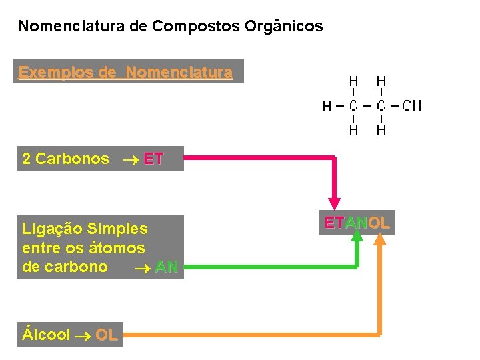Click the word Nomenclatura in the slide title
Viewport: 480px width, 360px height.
pyautogui.click(x=60, y=27)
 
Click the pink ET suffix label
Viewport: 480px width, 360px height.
pyautogui.click(x=153, y=159)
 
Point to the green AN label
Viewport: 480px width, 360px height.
pyautogui.click(x=166, y=267)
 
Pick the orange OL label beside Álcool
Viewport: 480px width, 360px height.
pyautogui.click(x=107, y=335)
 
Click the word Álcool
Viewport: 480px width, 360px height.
pyautogui.click(x=46, y=335)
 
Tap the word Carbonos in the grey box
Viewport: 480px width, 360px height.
pyautogui.click(x=72, y=159)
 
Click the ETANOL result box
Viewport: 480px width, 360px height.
pyautogui.click(x=357, y=223)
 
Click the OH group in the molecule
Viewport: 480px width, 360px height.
pyautogui.click(x=411, y=105)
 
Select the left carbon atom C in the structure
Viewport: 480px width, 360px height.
pyautogui.click(x=353, y=105)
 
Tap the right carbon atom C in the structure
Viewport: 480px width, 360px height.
pyautogui.click(x=381, y=105)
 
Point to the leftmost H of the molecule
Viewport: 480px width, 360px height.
pyautogui.click(x=327, y=106)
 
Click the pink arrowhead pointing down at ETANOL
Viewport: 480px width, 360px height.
pyautogui.click(x=335, y=204)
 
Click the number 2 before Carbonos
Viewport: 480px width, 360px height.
pyautogui.click(x=27, y=159)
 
